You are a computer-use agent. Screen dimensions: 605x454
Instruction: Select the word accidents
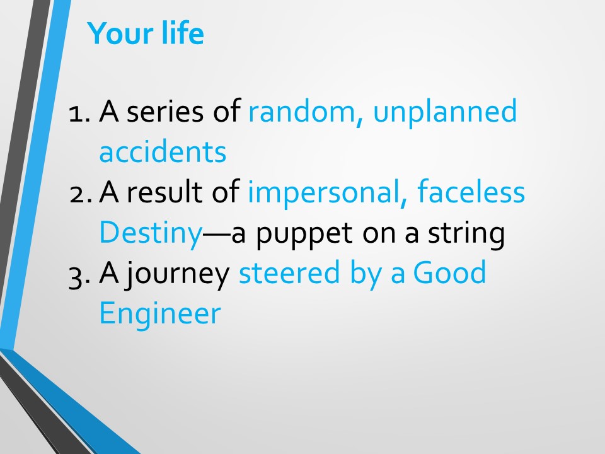tap(163, 152)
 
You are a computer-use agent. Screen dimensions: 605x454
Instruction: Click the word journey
tap(178, 274)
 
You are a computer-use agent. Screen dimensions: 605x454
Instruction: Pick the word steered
tap(289, 272)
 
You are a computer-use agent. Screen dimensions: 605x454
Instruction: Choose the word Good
tap(449, 272)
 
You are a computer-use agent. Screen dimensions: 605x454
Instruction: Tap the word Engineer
tap(160, 314)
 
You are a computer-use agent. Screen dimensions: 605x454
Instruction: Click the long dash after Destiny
tap(217, 233)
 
